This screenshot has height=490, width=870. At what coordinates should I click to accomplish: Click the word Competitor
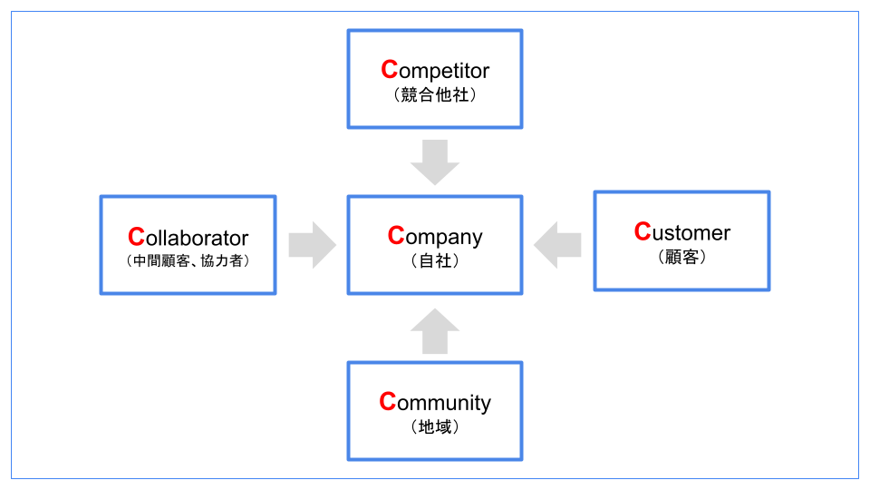point(435,70)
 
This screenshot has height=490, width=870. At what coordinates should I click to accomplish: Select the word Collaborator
point(188,238)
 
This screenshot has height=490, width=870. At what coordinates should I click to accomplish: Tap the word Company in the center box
point(435,236)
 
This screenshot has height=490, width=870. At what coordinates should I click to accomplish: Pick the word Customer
point(681,232)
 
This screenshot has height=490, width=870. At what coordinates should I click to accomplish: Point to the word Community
point(435,402)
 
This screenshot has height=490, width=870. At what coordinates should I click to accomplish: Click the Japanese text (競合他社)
point(435,94)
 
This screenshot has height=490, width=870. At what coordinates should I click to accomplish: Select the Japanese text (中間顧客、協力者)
point(188,260)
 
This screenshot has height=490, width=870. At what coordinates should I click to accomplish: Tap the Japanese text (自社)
point(435,260)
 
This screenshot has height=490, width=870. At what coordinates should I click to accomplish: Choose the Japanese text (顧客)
point(681,257)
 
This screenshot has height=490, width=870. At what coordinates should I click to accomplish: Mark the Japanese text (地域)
point(435,426)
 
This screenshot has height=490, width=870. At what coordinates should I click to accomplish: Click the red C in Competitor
point(389,70)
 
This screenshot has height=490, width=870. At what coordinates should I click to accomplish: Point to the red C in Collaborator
point(136,238)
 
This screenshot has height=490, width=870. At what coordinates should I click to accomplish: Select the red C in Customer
point(643,232)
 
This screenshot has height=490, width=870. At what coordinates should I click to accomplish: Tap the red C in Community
point(388,402)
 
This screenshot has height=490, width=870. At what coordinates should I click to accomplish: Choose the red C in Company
point(396,236)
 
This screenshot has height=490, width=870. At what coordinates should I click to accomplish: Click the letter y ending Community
point(486,405)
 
